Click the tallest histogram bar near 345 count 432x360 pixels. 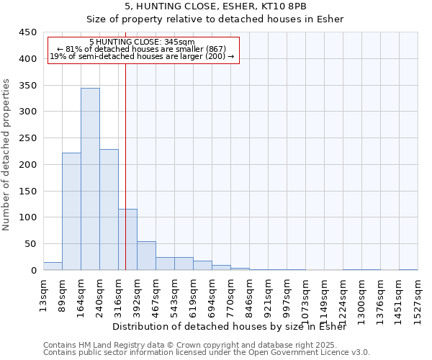[x=90, y=179]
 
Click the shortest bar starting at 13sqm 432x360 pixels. [x=53, y=266]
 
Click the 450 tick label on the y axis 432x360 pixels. [x=27, y=32]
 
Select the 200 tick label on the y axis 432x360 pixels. [x=27, y=165]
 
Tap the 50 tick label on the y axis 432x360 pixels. [x=30, y=244]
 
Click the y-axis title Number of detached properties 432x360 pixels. [x=6, y=155]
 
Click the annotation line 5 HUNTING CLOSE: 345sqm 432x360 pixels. [x=142, y=42]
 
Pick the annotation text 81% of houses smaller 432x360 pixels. [x=142, y=49]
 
